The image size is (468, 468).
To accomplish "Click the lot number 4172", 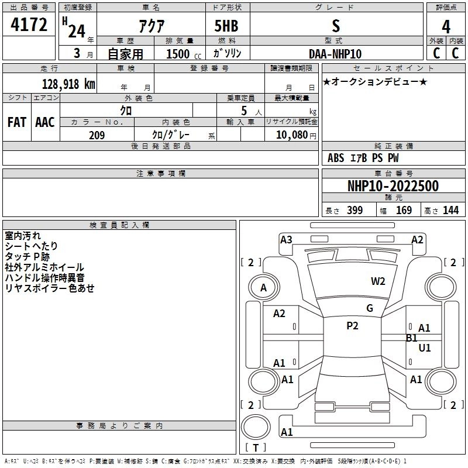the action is click(x=29, y=26).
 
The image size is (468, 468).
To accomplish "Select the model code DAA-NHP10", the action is click(x=335, y=54).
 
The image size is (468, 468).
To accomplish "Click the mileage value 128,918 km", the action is click(x=68, y=84).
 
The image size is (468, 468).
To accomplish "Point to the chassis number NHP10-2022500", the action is click(x=393, y=187).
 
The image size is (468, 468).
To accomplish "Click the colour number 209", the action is click(x=97, y=135).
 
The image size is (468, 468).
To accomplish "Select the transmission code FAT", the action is click(x=17, y=122).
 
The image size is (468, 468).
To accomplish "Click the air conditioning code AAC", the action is click(x=45, y=122).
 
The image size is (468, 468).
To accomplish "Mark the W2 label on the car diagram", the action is click(x=378, y=281).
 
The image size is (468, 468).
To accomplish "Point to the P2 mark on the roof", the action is click(x=352, y=326).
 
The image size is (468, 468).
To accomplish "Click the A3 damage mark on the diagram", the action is click(x=286, y=239).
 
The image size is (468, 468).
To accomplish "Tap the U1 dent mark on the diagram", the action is click(x=425, y=347).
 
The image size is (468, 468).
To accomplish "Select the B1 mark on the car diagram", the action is click(x=411, y=338).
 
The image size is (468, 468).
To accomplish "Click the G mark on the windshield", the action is click(x=370, y=308).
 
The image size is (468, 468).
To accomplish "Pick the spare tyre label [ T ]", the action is click(x=256, y=448).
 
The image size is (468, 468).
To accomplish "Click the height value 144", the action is click(x=450, y=211).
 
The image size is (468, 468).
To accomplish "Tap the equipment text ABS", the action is click(x=336, y=158).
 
